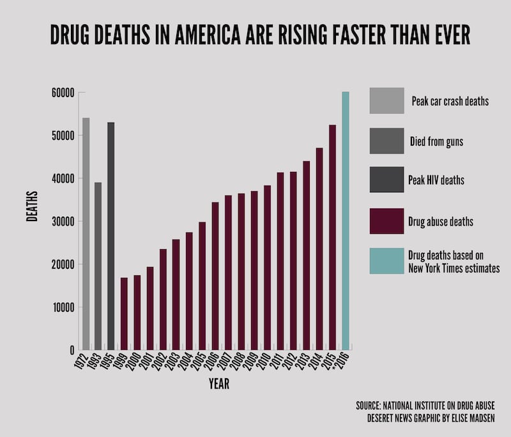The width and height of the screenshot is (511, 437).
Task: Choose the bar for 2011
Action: pyautogui.click(x=280, y=261)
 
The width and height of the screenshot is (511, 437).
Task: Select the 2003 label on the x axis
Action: pyautogui.click(x=174, y=363)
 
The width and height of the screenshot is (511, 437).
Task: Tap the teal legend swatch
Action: pyautogui.click(x=386, y=261)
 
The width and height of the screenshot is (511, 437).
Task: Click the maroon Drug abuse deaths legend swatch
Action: pyautogui.click(x=386, y=221)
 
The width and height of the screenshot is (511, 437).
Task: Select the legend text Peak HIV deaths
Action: pyautogui.click(x=436, y=181)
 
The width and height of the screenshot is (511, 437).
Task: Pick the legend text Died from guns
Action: pyautogui.click(x=436, y=141)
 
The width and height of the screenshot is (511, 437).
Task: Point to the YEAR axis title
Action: pyautogui.click(x=218, y=385)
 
